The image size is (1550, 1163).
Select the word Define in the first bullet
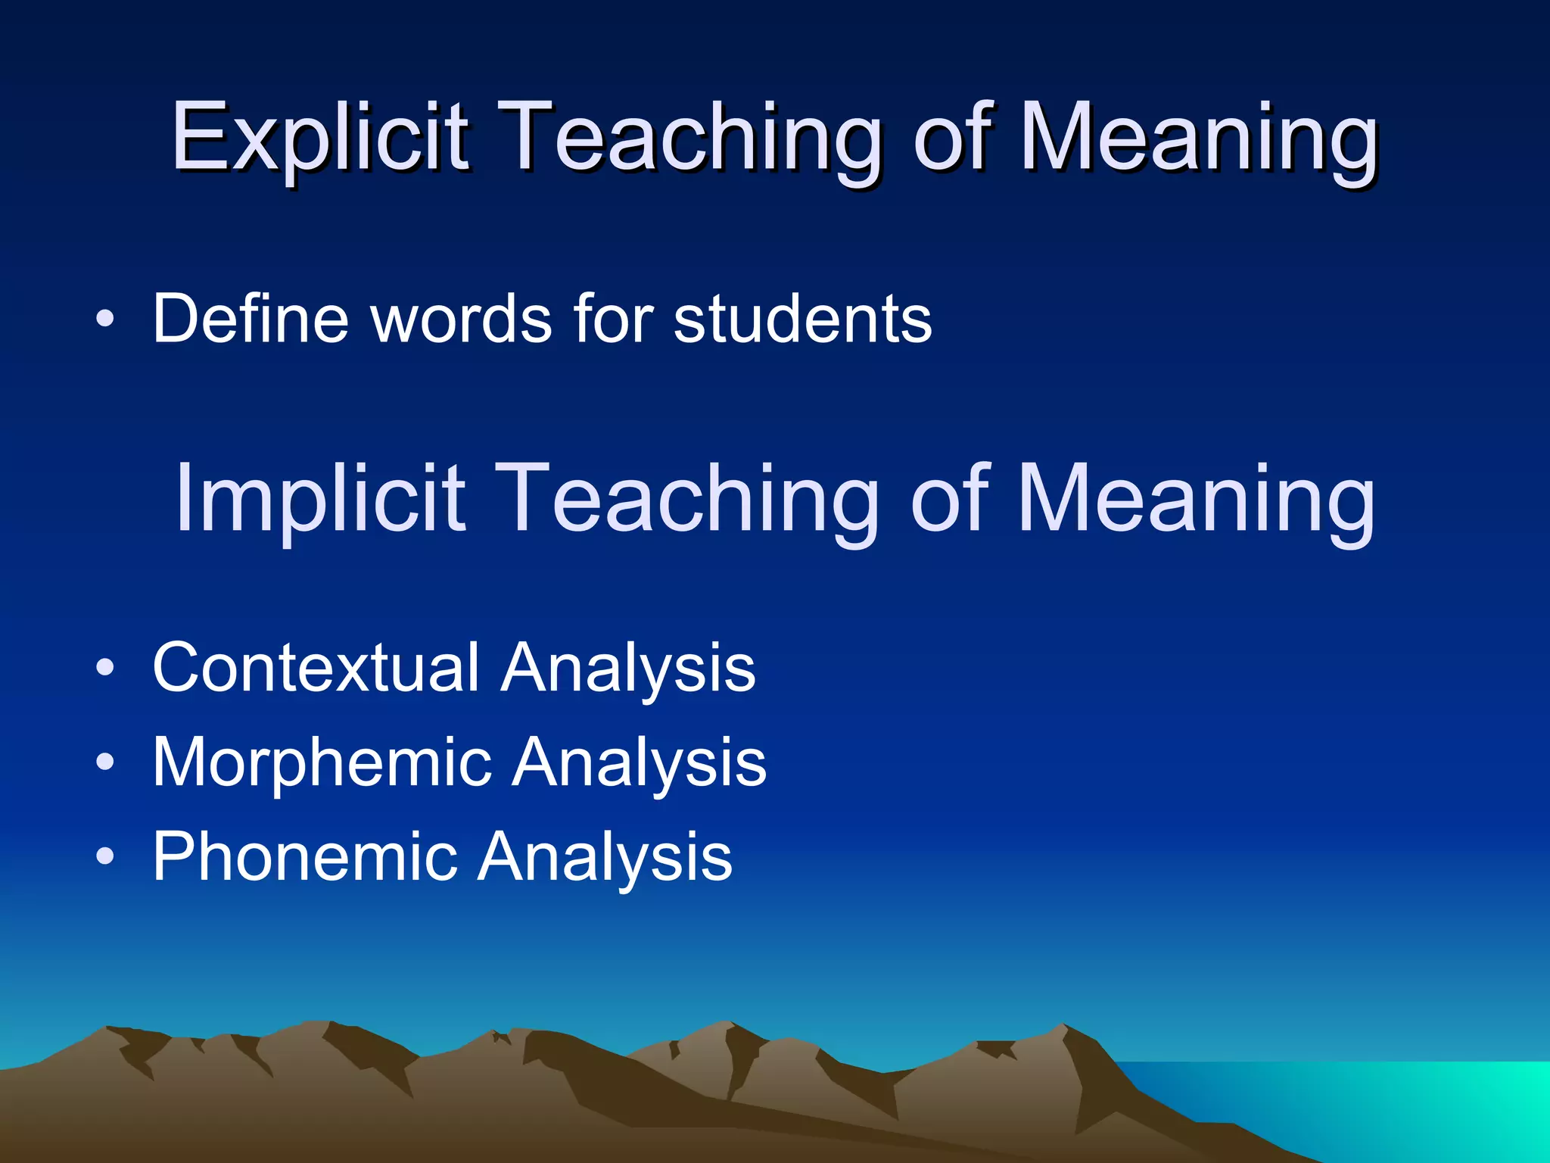(x=251, y=319)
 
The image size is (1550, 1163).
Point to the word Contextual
(x=316, y=667)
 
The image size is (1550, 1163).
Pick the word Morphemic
(x=322, y=762)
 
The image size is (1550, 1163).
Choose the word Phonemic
(x=304, y=856)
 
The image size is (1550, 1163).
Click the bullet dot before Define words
(x=106, y=320)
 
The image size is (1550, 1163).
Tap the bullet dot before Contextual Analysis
(x=106, y=668)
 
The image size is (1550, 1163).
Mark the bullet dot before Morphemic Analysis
(x=106, y=762)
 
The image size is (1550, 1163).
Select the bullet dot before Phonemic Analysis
(x=106, y=857)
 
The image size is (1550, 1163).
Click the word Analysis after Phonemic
(x=605, y=858)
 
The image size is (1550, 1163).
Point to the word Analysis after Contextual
(x=628, y=669)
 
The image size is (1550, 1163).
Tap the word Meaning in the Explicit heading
(x=1200, y=140)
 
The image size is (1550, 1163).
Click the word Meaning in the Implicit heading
(x=1196, y=501)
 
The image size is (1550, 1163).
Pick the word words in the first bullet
(x=462, y=319)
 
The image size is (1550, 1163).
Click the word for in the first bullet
(x=614, y=319)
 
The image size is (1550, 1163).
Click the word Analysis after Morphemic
(x=640, y=763)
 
